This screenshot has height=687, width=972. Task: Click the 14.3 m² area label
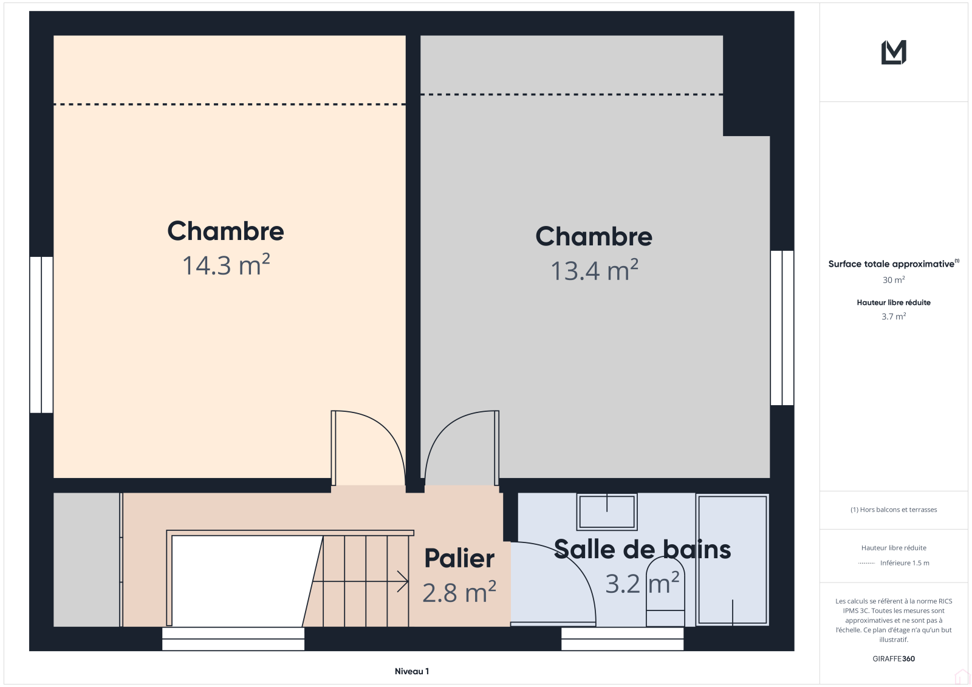pos(226,265)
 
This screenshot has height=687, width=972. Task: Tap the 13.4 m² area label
pos(594,270)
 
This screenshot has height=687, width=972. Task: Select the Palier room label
pos(459,558)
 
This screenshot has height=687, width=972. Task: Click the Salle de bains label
pos(642,550)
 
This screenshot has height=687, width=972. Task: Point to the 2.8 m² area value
pos(459,592)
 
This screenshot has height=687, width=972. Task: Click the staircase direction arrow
pos(360,581)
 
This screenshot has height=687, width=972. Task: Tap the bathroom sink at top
pos(607,511)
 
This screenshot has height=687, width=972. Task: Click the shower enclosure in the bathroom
pos(732,560)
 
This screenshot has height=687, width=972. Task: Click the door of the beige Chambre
pos(368,448)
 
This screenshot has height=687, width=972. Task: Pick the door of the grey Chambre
pos(462,448)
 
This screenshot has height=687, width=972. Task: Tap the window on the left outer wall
pos(41,335)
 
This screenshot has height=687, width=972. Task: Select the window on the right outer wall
pos(782,327)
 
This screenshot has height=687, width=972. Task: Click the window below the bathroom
pos(622,639)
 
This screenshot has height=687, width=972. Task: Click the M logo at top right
pos(894,52)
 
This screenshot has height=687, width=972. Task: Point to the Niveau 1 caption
pos(412,671)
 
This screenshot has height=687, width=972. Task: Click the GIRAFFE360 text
pos(894,658)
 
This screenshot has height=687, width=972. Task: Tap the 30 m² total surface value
pos(894,280)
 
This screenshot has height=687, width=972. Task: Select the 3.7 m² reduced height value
pos(894,316)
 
